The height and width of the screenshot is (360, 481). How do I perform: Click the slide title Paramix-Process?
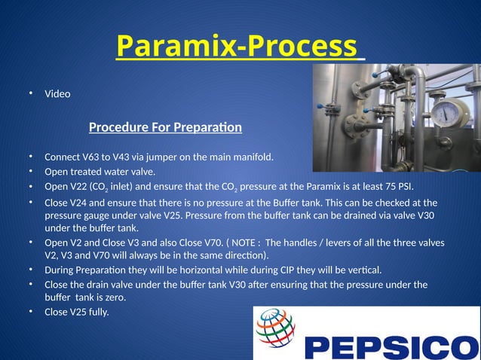click(x=237, y=47)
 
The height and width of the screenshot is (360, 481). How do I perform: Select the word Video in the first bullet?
click(x=57, y=94)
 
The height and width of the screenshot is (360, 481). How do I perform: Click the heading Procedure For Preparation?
click(x=165, y=127)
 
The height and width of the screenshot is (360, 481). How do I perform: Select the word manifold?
click(x=250, y=157)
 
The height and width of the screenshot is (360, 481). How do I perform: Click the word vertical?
click(x=362, y=270)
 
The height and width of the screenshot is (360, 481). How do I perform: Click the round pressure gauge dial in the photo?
click(x=449, y=113)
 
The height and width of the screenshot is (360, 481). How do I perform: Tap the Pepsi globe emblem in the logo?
click(x=275, y=328)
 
